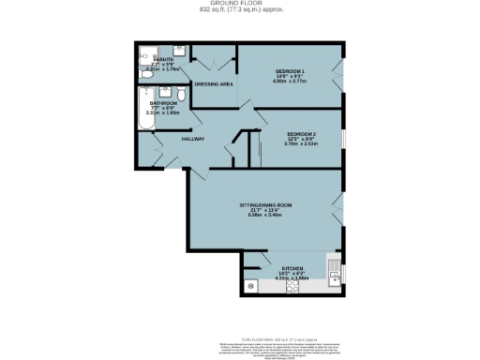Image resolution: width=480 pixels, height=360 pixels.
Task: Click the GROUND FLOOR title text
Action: pos(239,4)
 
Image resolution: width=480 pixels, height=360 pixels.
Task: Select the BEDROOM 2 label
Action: pos(302,135)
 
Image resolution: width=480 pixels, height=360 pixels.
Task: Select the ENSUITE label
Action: pos(164,58)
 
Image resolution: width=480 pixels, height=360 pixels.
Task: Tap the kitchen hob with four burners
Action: pos(251,284)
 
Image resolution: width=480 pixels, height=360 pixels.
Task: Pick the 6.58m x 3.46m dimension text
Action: pos(265,216)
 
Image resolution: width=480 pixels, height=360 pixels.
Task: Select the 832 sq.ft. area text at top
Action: pos(239,10)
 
